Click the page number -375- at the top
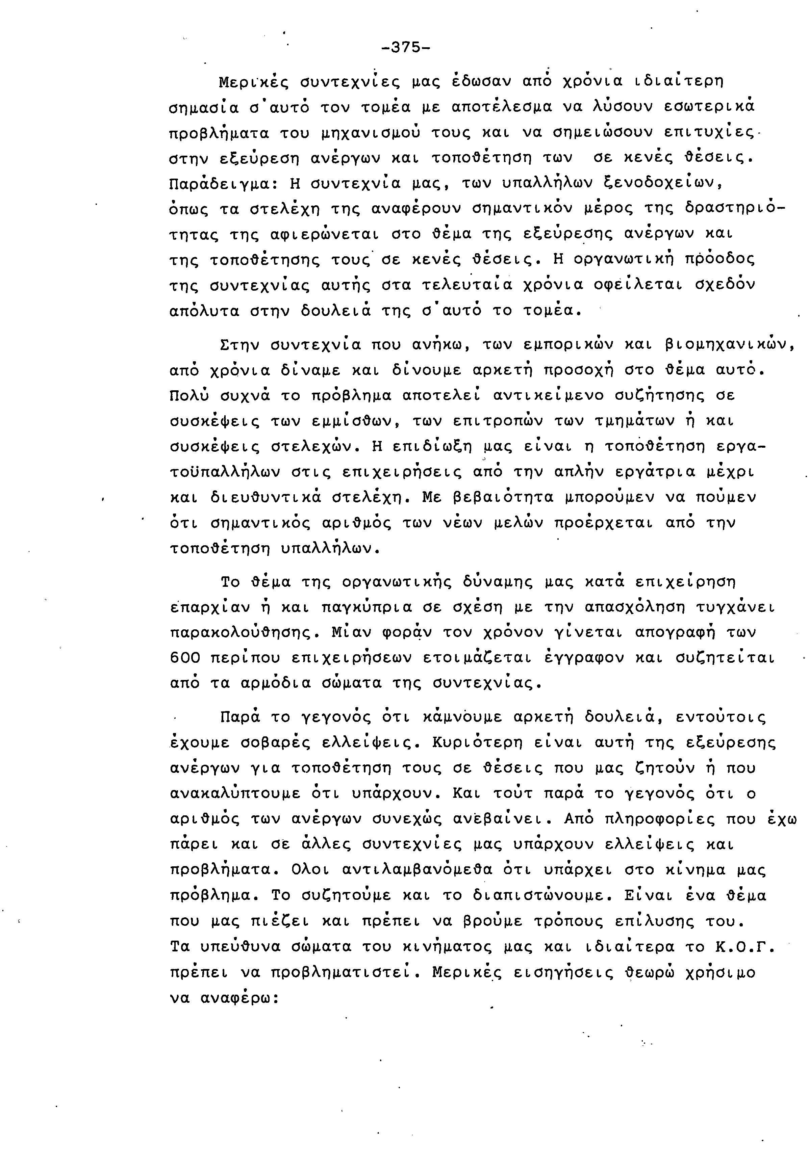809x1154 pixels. point(406,48)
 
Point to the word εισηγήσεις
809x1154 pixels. point(563,973)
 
